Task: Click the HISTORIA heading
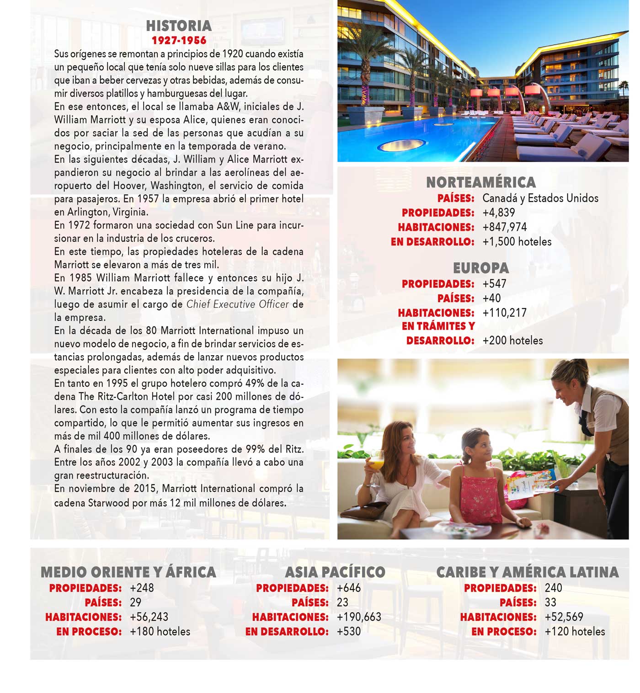[179, 26]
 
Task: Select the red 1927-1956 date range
[179, 40]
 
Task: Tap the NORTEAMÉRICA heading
[480, 182]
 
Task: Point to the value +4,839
[498, 213]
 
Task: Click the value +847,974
[504, 227]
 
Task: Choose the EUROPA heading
[480, 268]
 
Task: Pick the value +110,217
[504, 313]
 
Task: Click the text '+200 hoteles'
[512, 341]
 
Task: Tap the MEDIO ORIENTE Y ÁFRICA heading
[128, 572]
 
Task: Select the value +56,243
[149, 617]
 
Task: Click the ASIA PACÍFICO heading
[335, 572]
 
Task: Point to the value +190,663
[359, 617]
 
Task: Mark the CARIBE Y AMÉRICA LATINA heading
[528, 572]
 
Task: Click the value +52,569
[564, 617]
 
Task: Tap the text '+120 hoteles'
[575, 632]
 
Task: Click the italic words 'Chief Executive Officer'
[238, 304]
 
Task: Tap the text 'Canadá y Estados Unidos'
[540, 198]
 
